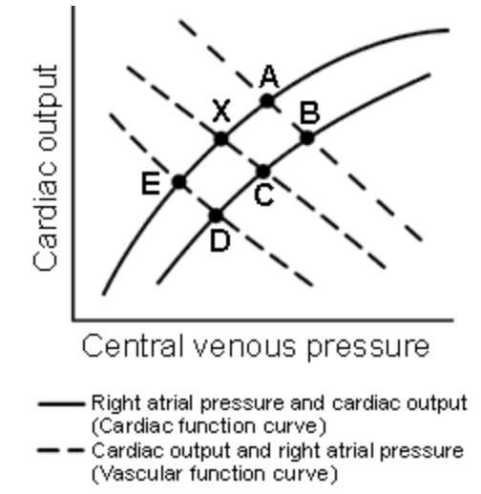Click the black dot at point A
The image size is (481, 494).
coord(267,101)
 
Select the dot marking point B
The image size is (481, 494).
coord(307,138)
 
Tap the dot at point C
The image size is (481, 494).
coord(263,172)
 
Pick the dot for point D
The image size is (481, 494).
coord(217,216)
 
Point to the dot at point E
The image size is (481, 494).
coord(179,182)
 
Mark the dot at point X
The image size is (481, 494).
coord(221,139)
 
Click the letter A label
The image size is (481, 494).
coord(269,76)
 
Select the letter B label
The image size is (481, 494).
coord(309,113)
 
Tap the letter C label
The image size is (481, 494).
coord(264,196)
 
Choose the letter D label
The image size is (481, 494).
coord(220,241)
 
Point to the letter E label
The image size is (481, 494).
coord(151,184)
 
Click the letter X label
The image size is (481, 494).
coord(221,111)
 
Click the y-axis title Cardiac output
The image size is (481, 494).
coord(46,169)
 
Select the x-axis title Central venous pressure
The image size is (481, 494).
coord(256,347)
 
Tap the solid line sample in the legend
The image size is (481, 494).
coord(61,404)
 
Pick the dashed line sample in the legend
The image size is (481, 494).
coord(60,450)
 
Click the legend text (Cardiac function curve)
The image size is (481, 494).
coord(209,426)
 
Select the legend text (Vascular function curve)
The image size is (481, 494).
coord(215,474)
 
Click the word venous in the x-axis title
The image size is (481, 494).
coord(244,346)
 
